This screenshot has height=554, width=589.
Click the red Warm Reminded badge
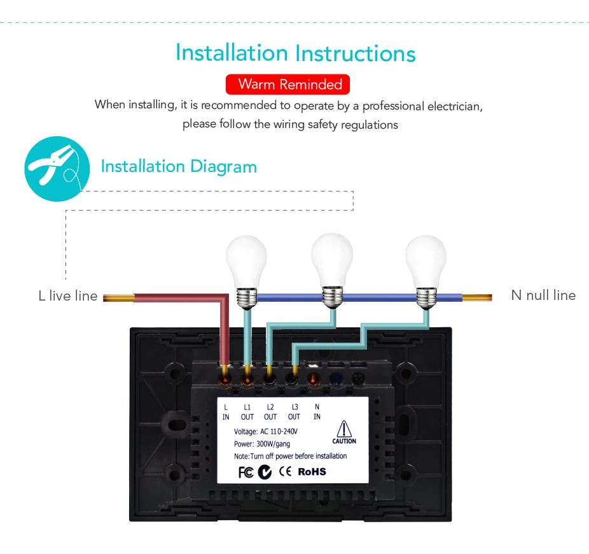click(288, 84)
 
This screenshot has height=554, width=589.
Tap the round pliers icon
click(57, 169)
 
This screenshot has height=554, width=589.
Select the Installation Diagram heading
click(179, 167)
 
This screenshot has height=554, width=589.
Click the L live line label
click(68, 296)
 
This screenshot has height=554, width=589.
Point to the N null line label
click(543, 295)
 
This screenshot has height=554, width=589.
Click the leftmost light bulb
click(246, 271)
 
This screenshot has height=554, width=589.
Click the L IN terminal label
click(226, 412)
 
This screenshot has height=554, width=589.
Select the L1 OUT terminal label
click(247, 412)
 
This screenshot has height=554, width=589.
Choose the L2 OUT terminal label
click(270, 412)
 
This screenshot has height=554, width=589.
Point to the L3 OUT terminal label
click(294, 412)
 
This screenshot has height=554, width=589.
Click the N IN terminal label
click(317, 412)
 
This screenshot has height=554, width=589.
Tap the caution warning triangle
click(344, 429)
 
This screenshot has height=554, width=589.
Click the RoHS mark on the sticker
click(312, 472)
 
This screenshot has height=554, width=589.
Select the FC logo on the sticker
click(246, 472)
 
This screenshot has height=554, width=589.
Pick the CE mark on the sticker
click(285, 471)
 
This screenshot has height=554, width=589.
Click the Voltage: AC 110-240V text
click(266, 431)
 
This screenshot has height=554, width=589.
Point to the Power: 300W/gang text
click(262, 444)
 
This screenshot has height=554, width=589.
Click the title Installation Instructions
click(296, 53)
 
